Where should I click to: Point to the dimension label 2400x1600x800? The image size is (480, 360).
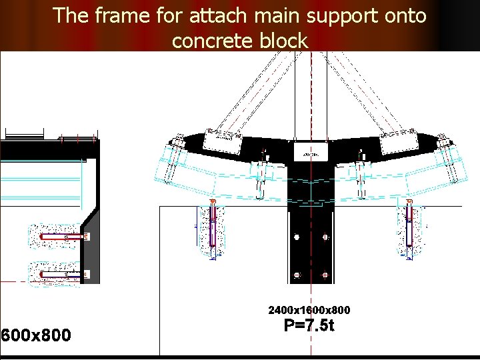pyautogui.click(x=309, y=310)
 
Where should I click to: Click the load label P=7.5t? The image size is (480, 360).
pyautogui.click(x=309, y=326)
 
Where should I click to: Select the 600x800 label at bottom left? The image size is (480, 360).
pyautogui.click(x=36, y=335)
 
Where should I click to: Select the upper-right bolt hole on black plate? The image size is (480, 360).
pyautogui.click(x=325, y=237)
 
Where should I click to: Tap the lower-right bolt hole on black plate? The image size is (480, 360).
pyautogui.click(x=325, y=274)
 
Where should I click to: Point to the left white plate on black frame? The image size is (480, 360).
pyautogui.click(x=222, y=141)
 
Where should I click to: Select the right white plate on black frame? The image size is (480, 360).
pyautogui.click(x=399, y=142)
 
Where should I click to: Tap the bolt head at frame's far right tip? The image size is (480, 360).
pyautogui.click(x=444, y=141)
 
